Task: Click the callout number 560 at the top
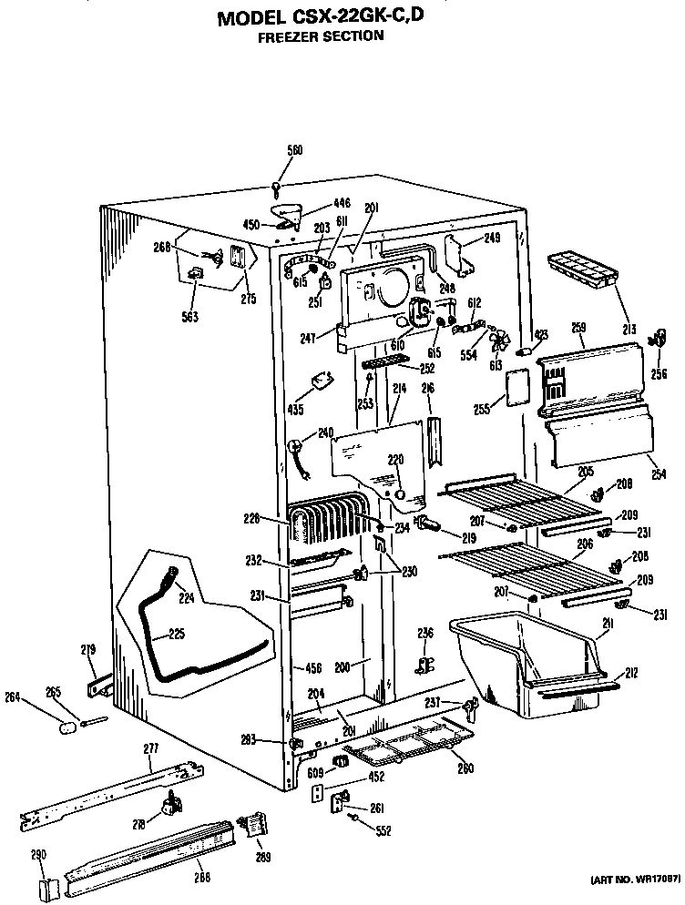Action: pyautogui.click(x=294, y=150)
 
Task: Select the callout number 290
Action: pyautogui.click(x=37, y=855)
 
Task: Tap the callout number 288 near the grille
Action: pyautogui.click(x=201, y=877)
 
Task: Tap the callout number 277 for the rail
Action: pyautogui.click(x=151, y=747)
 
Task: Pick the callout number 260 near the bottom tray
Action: pyautogui.click(x=465, y=768)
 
